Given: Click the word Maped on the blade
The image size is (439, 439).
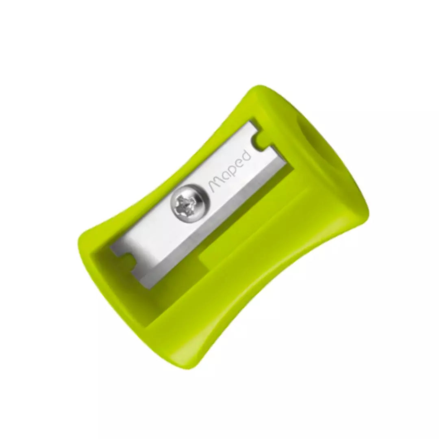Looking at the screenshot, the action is pyautogui.click(x=230, y=172).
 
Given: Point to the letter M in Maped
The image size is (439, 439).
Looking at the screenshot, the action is pyautogui.click(x=215, y=186).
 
